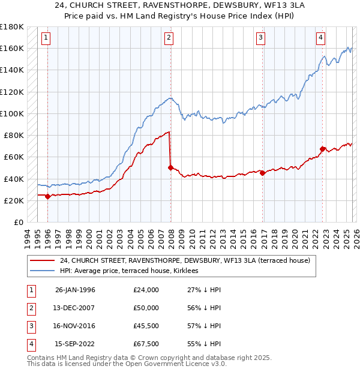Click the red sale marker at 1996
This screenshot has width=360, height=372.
[47, 196]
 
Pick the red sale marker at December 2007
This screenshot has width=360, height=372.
[170, 168]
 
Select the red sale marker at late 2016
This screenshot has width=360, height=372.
[263, 173]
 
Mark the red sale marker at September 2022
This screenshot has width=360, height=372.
[322, 149]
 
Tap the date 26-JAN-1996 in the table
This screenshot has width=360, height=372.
[75, 290]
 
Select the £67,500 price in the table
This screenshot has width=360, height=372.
[146, 344]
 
